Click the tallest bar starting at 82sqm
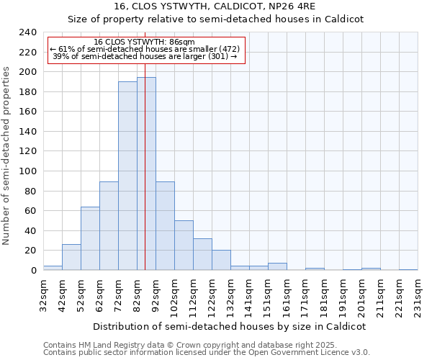pos(146,174)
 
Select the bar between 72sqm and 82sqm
pos(127,176)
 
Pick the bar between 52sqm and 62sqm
pos(90,238)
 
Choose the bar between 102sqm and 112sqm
pos(184,245)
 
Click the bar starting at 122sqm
pos(221,260)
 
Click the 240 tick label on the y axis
pos(27,32)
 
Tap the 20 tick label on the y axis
pos(30,251)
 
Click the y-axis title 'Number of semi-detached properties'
pos(8,156)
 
